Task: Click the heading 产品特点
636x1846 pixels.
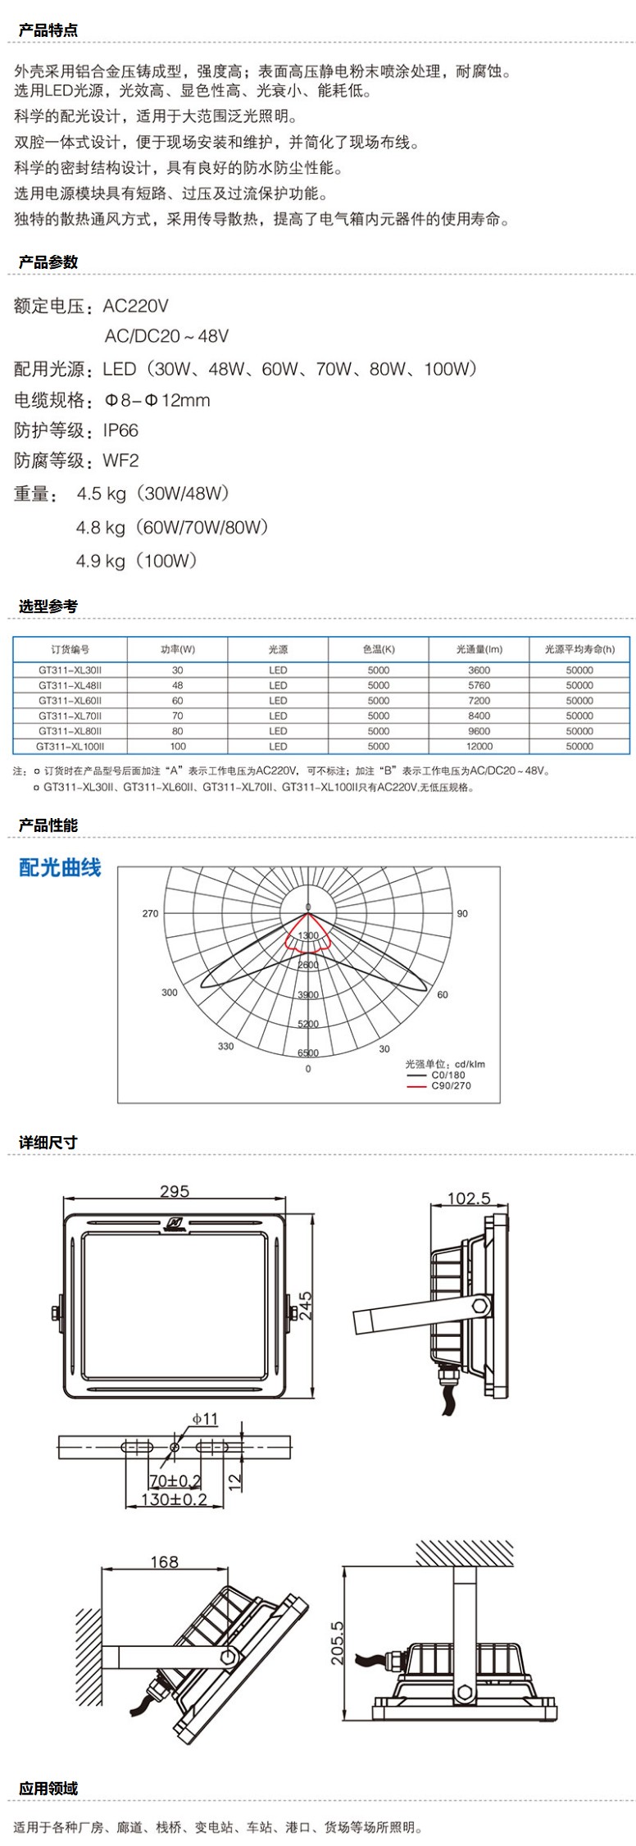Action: coord(48,30)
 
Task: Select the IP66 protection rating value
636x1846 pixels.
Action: coord(120,430)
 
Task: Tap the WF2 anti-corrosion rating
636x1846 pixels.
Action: coord(120,461)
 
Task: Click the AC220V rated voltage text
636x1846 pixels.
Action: coord(136,307)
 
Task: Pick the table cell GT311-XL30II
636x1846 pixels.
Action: coord(70,670)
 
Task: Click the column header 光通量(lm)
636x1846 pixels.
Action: coord(479,649)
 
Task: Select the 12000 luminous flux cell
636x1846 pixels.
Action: coord(479,746)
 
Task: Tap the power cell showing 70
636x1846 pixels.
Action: coord(178,716)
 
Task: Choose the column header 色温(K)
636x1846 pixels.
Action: coord(378,649)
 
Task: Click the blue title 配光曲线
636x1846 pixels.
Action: coord(60,868)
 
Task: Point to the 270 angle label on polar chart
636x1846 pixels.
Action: coord(150,913)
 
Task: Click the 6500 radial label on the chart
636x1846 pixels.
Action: coord(308,1053)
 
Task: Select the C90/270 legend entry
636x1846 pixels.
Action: coord(451,1085)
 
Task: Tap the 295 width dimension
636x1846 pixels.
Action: coord(175,1191)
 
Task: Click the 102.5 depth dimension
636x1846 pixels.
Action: coord(468,1198)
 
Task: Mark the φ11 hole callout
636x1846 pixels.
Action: coord(205,1418)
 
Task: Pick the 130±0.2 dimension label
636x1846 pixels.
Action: coord(174,1499)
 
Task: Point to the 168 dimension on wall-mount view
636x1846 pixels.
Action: coord(165,1562)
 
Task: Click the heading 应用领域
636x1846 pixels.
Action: coord(48,1788)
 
